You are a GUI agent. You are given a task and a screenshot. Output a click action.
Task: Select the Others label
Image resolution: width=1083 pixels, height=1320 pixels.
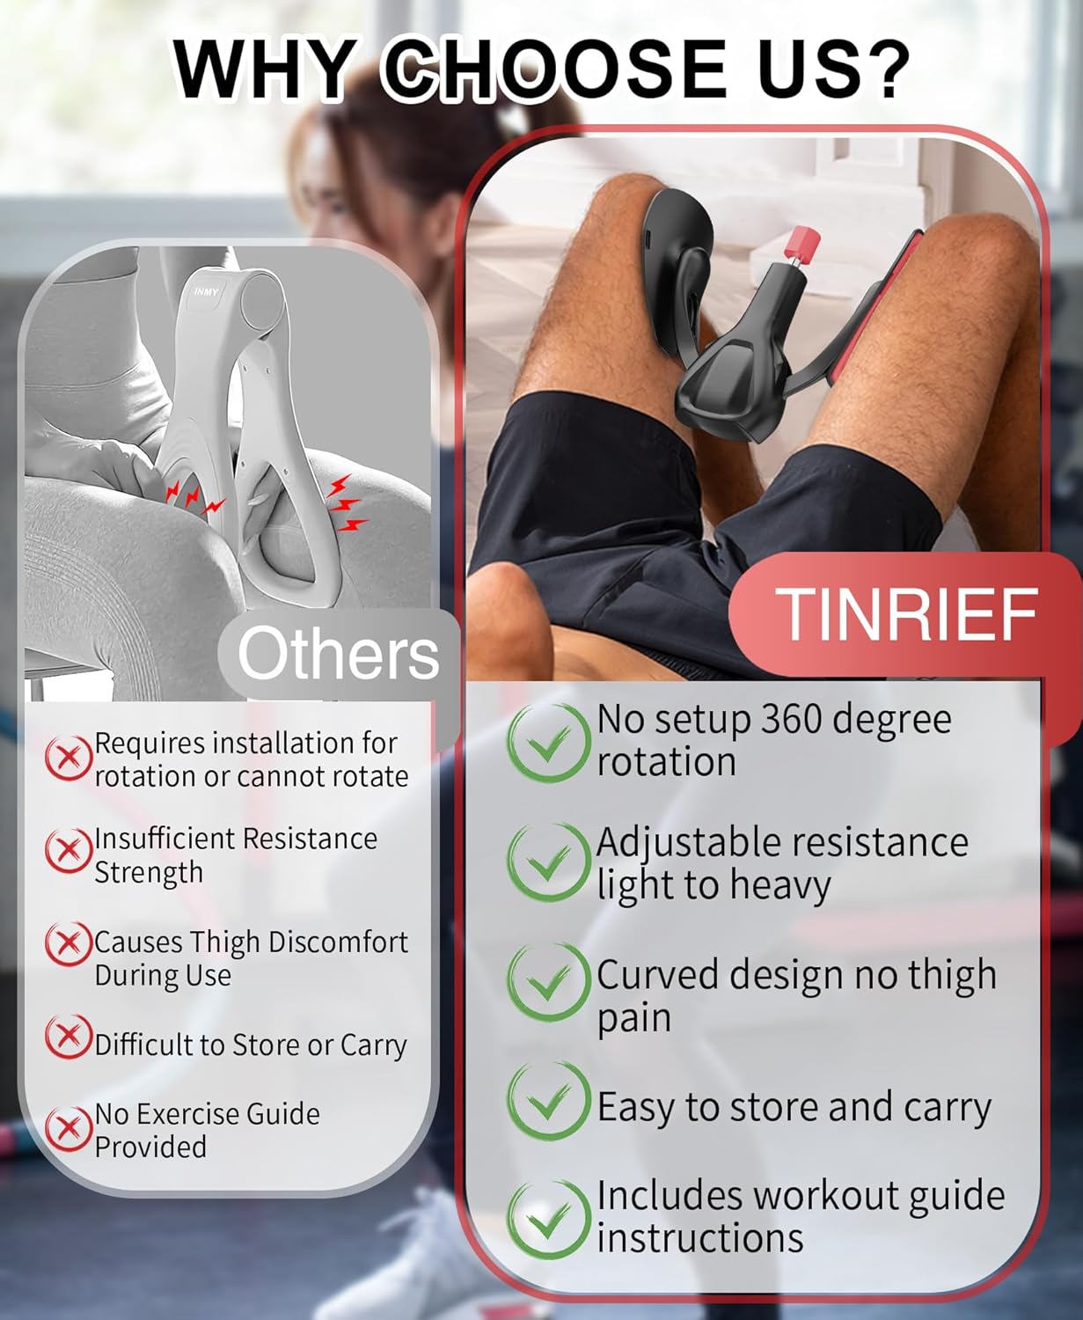pyautogui.click(x=339, y=653)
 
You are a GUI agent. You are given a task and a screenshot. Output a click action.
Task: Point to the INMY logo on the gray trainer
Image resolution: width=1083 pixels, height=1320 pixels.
pyautogui.click(x=207, y=291)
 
